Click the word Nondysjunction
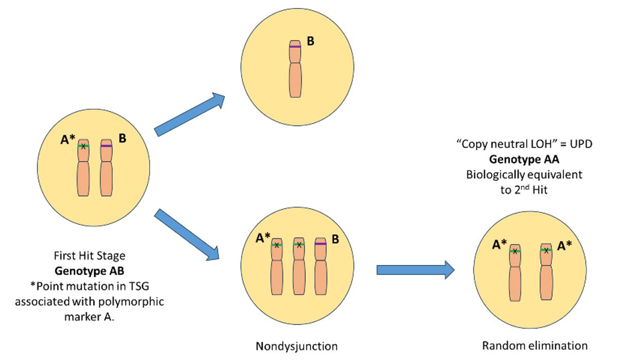coord(296,346)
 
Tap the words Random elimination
coord(535,345)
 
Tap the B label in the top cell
coord(311,41)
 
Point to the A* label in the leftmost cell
coord(68,141)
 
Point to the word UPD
coord(581,144)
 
